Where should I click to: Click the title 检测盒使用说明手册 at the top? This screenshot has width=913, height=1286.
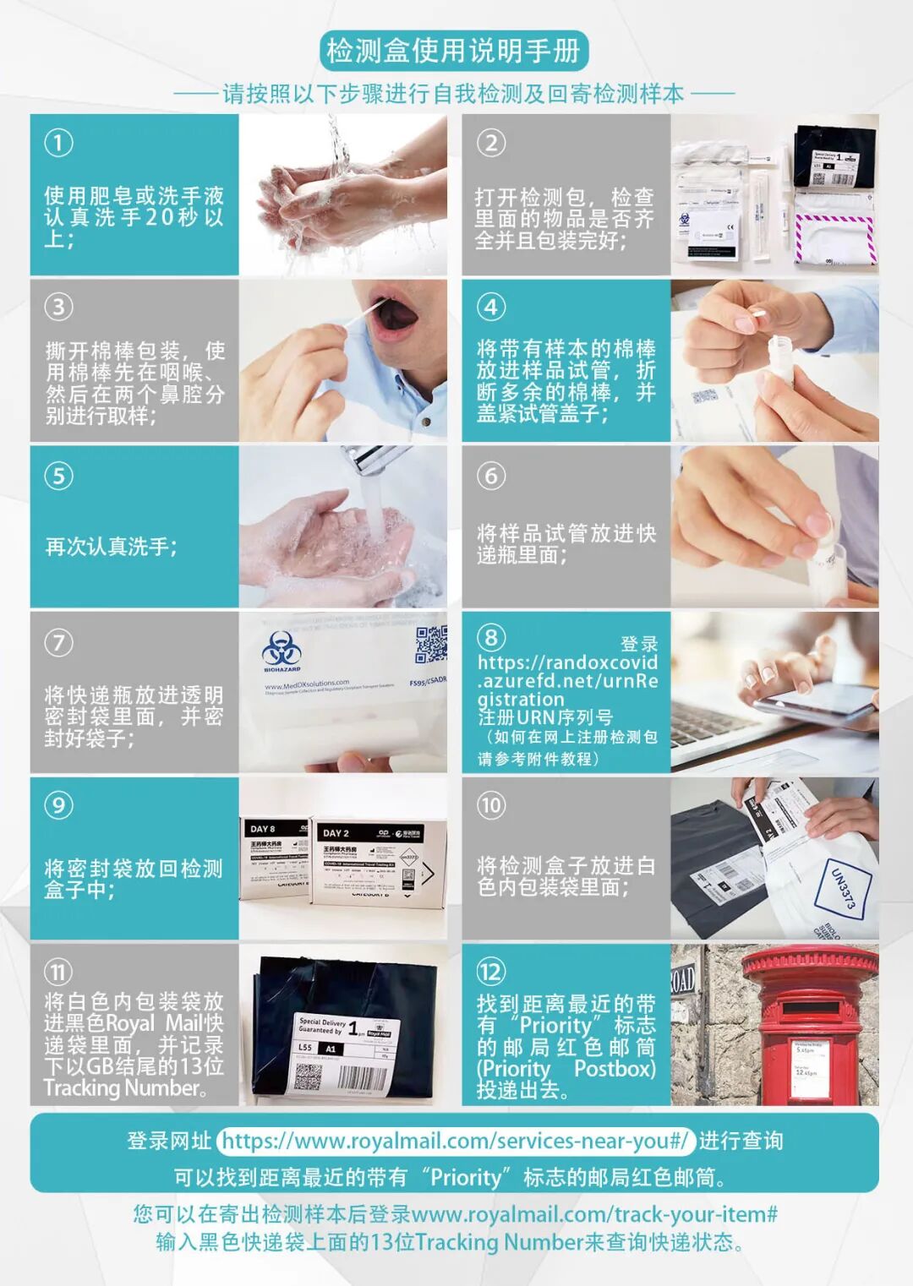click(454, 52)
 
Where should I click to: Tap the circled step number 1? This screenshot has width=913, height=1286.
click(58, 142)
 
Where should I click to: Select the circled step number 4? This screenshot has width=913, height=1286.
click(491, 306)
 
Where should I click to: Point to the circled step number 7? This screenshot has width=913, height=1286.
click(58, 642)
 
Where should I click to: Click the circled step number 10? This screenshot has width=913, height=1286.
click(491, 804)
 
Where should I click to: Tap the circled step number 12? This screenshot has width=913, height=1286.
click(491, 971)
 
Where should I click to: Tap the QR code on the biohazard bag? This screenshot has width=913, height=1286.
click(429, 644)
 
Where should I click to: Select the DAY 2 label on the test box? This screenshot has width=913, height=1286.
click(336, 833)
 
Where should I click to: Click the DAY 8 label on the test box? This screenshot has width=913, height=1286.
click(262, 829)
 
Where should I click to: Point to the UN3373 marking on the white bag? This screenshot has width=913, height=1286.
click(843, 890)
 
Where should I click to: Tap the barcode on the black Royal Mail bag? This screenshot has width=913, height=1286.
click(363, 1078)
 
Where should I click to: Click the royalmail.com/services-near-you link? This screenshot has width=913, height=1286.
click(456, 1141)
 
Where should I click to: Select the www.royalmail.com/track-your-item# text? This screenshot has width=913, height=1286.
click(594, 1214)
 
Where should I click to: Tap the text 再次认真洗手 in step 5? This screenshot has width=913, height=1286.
click(110, 547)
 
